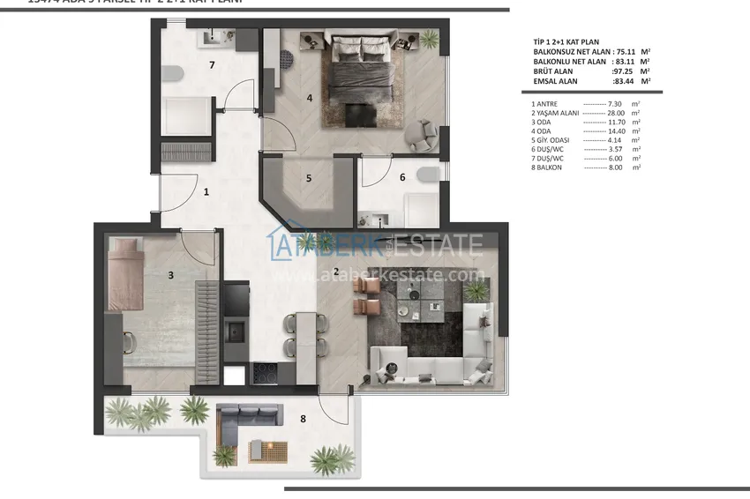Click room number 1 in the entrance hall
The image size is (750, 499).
pos(206,190)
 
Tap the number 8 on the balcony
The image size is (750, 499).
pos(303,419)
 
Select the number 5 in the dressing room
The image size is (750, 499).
pos(309,178)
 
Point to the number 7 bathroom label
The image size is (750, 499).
pos(212,65)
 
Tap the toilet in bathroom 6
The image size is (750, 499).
pos(427,174)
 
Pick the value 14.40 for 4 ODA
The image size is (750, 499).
pos(622,131)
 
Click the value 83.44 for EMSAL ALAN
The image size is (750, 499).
pos(627,81)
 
